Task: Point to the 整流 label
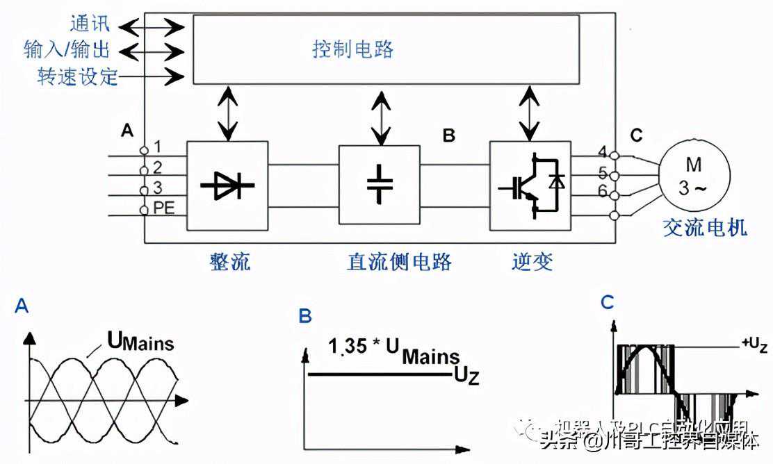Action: [x=229, y=262]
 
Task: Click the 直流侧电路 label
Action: [x=399, y=262]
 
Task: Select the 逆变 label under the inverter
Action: [x=532, y=262]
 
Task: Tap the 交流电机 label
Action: [x=705, y=228]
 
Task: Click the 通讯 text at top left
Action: [x=89, y=24]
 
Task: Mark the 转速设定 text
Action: [x=77, y=76]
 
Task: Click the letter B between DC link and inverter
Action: [x=449, y=135]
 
